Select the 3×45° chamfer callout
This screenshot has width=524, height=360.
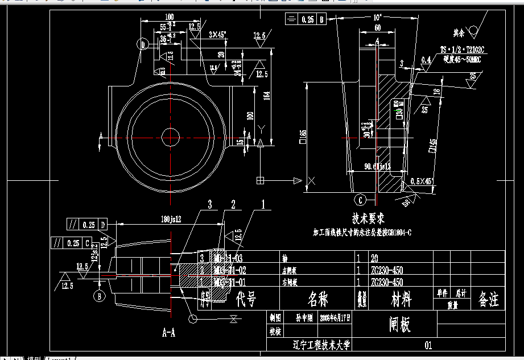click(x=217, y=35)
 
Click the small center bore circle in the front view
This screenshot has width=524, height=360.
click(x=170, y=137)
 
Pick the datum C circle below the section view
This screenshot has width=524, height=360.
click(x=361, y=200)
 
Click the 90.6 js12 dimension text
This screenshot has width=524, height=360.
click(x=377, y=167)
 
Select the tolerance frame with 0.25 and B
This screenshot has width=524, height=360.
click(x=306, y=19)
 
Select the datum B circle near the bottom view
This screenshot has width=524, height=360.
click(x=98, y=296)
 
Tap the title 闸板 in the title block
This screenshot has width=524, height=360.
click(x=400, y=324)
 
